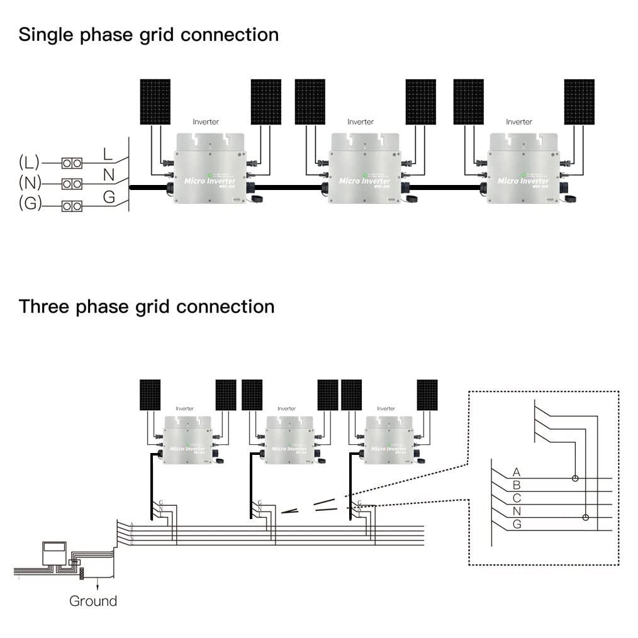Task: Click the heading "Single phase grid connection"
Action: pyautogui.click(x=148, y=35)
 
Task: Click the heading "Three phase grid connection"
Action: pyautogui.click(x=147, y=307)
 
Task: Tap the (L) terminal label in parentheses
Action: pyautogui.click(x=29, y=162)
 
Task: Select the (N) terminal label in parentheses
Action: pyautogui.click(x=29, y=183)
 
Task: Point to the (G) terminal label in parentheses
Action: pyautogui.click(x=29, y=204)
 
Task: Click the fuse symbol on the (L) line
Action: pyautogui.click(x=72, y=164)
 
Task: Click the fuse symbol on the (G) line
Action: pyautogui.click(x=72, y=206)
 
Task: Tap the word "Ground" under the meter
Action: pyautogui.click(x=93, y=601)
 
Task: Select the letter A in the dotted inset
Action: pyautogui.click(x=517, y=472)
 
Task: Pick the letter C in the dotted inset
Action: pyautogui.click(x=517, y=498)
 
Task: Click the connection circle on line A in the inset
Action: pyautogui.click(x=575, y=478)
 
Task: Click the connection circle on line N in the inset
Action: pyautogui.click(x=586, y=517)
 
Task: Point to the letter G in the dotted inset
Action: pyautogui.click(x=517, y=524)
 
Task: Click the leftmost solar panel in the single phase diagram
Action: pyautogui.click(x=155, y=101)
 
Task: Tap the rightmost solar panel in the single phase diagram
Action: pyautogui.click(x=579, y=101)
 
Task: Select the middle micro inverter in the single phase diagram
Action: pyautogui.click(x=365, y=168)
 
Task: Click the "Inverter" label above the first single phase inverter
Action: pyautogui.click(x=206, y=121)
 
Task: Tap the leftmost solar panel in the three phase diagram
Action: pyautogui.click(x=150, y=395)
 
